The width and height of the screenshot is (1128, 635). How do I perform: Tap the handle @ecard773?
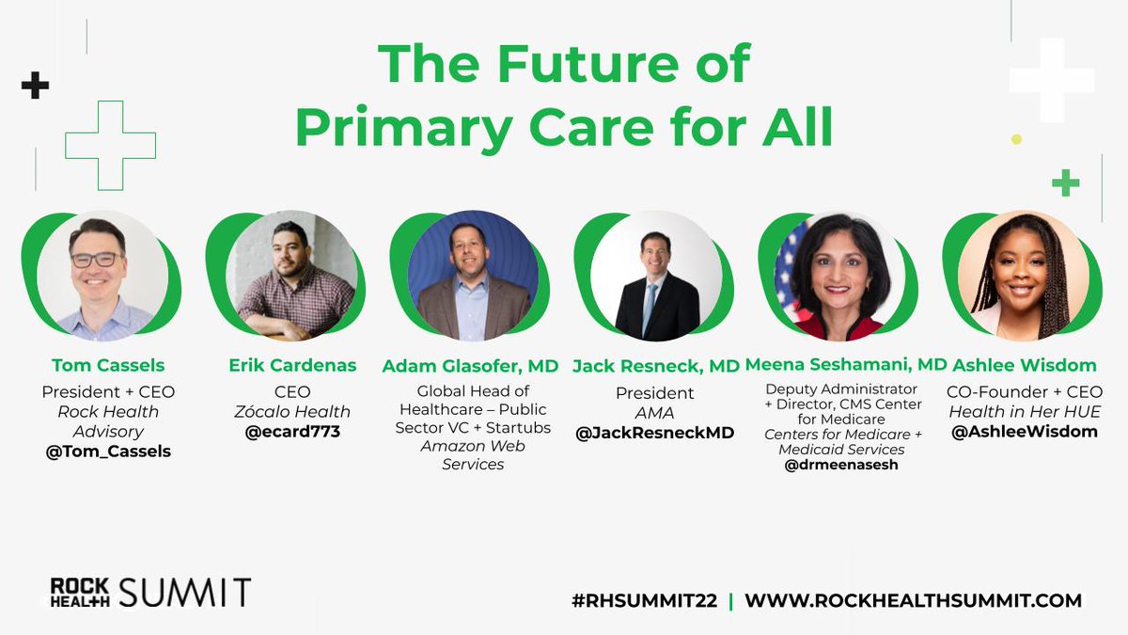pyautogui.click(x=289, y=431)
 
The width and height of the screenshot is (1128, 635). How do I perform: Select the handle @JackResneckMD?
pyautogui.click(x=655, y=433)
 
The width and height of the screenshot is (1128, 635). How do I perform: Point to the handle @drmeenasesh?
pyautogui.click(x=840, y=464)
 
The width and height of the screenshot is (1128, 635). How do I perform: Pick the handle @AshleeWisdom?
pyautogui.click(x=1023, y=432)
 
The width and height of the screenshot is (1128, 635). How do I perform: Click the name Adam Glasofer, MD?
pyautogui.click(x=470, y=366)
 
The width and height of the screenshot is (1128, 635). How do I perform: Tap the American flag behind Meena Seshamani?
pyautogui.click(x=789, y=263)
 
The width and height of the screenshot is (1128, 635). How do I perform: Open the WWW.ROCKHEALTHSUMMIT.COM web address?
pyautogui.click(x=913, y=600)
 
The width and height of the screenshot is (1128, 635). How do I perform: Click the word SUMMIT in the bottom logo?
pyautogui.click(x=184, y=593)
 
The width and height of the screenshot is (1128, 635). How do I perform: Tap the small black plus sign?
pyautogui.click(x=35, y=87)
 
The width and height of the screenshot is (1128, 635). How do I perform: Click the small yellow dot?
pyautogui.click(x=1016, y=139)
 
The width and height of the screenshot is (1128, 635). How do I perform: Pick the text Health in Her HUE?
pyautogui.click(x=1023, y=411)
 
